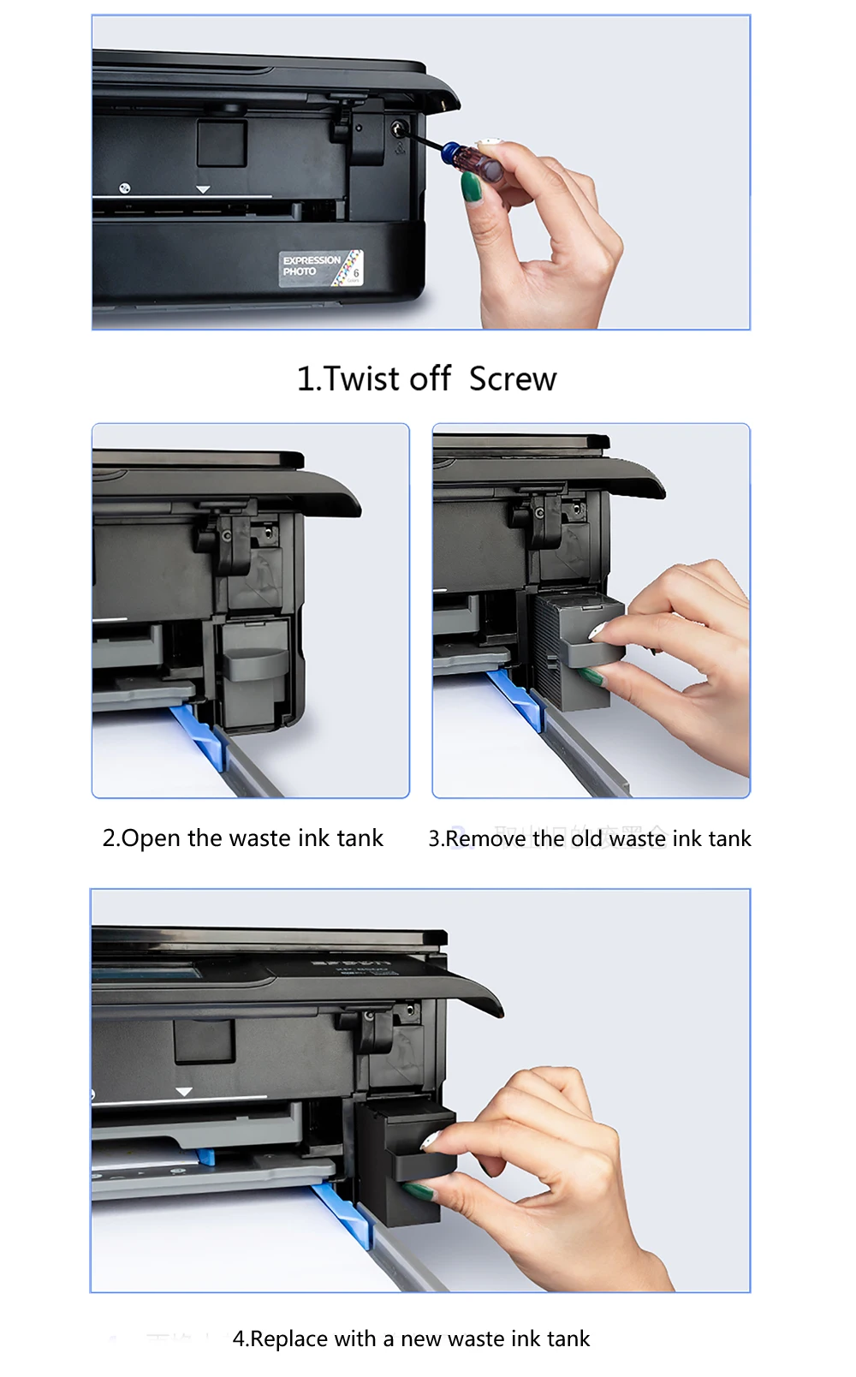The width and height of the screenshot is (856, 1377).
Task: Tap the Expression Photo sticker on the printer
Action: coord(321,268)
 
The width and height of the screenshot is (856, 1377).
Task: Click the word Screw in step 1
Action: coord(513,379)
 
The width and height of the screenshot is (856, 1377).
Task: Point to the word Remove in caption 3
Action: coord(485,838)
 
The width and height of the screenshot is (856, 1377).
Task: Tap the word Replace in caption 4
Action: coord(290,1338)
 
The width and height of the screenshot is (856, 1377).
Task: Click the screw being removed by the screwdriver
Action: coord(398,129)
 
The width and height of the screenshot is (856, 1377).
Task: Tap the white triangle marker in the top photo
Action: coord(203,189)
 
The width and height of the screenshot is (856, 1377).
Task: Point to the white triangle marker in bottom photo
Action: coord(184,1092)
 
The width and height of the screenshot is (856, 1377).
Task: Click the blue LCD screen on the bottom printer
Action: coord(146,973)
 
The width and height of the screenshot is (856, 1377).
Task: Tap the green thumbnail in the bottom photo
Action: coord(419,1190)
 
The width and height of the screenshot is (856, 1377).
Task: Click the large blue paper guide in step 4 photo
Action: coord(346,1213)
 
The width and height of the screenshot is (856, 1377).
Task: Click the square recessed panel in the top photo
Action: coord(222,143)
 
